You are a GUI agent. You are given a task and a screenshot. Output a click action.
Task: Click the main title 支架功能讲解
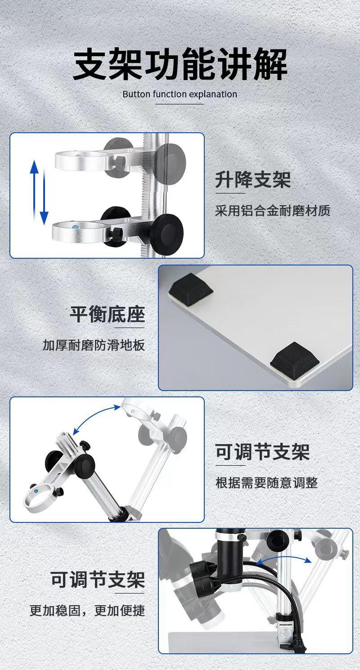[180, 66]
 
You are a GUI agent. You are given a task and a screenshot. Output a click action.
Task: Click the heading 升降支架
[252, 180]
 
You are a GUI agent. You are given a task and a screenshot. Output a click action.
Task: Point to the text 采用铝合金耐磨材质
[273, 211]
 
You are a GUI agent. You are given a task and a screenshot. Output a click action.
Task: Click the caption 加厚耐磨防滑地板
[94, 345]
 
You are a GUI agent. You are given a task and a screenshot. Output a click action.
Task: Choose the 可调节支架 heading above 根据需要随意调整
[262, 452]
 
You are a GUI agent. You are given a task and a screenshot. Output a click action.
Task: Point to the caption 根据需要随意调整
[266, 483]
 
